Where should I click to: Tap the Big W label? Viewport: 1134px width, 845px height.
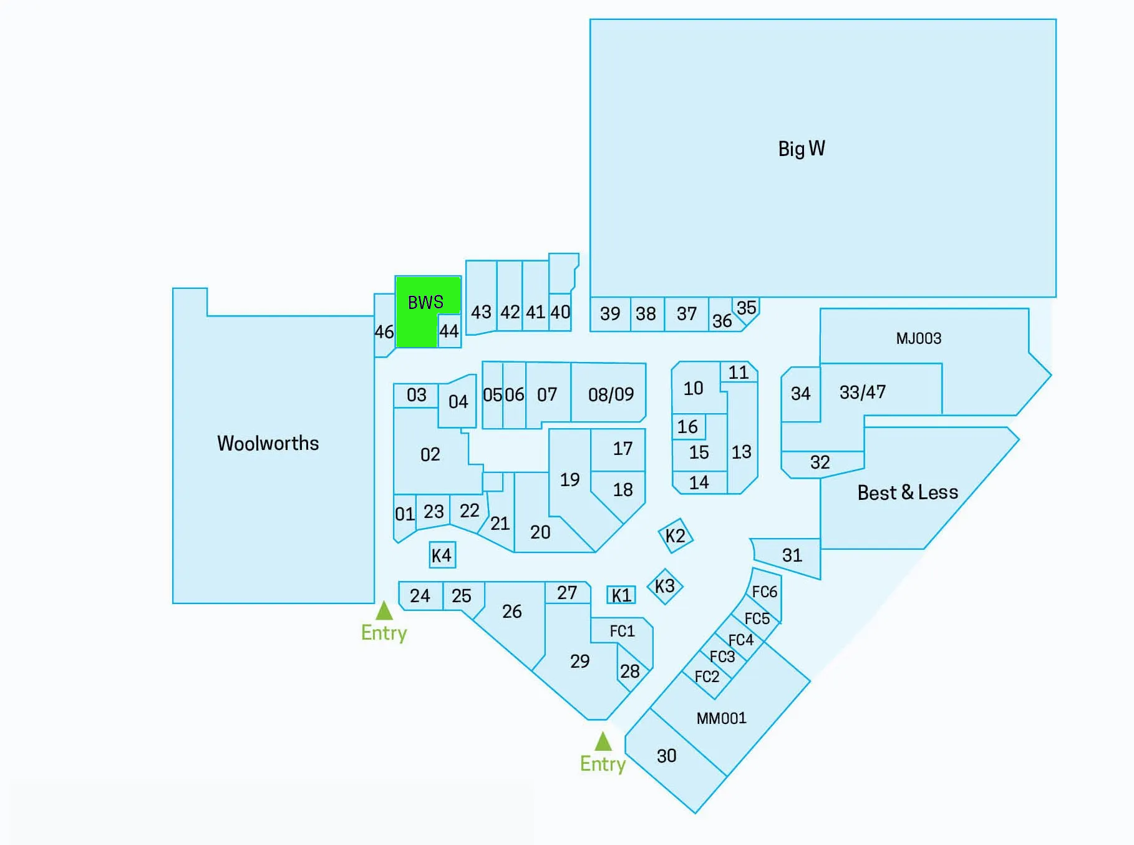pyautogui.click(x=802, y=149)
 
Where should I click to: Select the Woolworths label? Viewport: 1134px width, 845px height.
pyautogui.click(x=268, y=443)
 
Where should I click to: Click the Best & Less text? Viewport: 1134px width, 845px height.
pyautogui.click(x=908, y=492)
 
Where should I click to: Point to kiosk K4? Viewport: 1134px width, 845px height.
pyautogui.click(x=442, y=555)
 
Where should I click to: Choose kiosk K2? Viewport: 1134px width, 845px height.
pyautogui.click(x=676, y=535)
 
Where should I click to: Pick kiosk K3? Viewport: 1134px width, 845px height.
pyautogui.click(x=665, y=586)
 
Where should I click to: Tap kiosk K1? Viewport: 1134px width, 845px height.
pyautogui.click(x=621, y=595)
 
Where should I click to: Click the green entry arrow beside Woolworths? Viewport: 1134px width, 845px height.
pyautogui.click(x=384, y=610)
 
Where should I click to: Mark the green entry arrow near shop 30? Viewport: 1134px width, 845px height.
pyautogui.click(x=603, y=741)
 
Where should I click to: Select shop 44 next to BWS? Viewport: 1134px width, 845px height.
pyautogui.click(x=449, y=331)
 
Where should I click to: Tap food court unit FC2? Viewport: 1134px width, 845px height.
pyautogui.click(x=707, y=676)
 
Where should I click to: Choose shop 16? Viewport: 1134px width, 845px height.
pyautogui.click(x=689, y=427)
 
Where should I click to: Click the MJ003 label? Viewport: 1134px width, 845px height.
pyautogui.click(x=919, y=338)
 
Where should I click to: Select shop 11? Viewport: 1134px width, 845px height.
pyautogui.click(x=739, y=372)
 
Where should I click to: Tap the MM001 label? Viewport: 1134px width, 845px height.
pyautogui.click(x=722, y=718)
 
